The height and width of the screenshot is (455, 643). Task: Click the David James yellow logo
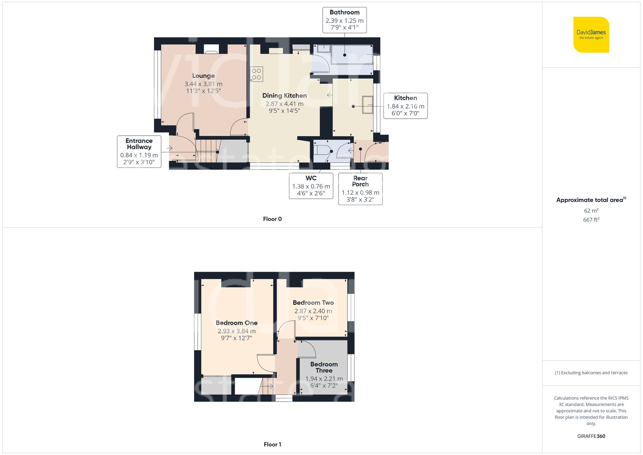coord(591,35)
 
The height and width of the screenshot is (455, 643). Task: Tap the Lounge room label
coord(203,76)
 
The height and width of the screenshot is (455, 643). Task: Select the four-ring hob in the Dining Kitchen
coord(257,74)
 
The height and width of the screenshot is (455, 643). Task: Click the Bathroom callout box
coord(344,20)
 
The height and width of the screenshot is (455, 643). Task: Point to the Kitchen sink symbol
coord(367,105)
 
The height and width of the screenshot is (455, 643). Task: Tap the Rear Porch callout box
coord(360,189)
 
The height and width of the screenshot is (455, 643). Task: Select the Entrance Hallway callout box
coord(139,151)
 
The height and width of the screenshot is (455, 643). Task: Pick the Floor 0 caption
coord(272,219)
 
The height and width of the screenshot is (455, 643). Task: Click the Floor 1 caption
coord(272,444)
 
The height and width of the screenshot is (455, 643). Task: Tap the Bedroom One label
coord(236,323)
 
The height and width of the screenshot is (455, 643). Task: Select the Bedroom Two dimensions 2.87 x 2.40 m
coord(313,311)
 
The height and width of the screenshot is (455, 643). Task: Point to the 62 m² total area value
coord(591,211)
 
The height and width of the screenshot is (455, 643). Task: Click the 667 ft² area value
coord(591,220)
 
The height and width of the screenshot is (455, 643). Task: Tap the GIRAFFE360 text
coord(591,436)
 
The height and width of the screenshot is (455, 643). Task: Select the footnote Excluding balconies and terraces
coord(591,373)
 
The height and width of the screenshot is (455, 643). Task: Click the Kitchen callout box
coord(405,106)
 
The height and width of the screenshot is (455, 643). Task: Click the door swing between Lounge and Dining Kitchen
coord(238,127)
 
